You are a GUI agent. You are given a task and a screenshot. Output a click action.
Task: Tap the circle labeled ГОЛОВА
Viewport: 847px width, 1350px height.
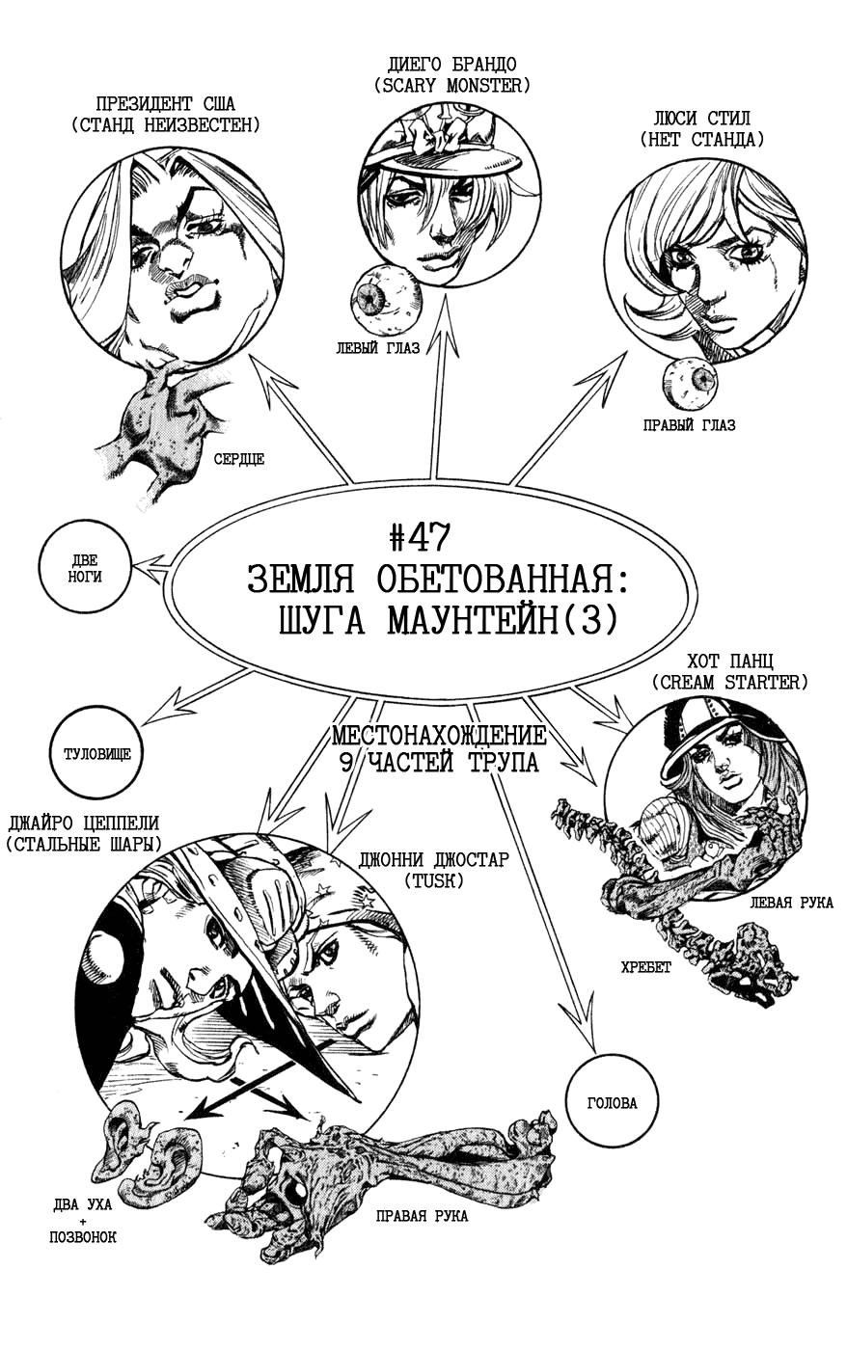tap(612, 1103)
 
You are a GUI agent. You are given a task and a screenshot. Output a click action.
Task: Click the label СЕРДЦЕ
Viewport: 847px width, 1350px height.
tap(239, 459)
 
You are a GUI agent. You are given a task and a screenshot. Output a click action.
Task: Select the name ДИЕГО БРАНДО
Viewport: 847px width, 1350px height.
tap(451, 64)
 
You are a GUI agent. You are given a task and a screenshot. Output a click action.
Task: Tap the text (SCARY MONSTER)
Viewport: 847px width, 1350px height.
tap(451, 86)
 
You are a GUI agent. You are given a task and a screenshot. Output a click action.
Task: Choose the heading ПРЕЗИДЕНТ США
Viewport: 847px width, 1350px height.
tap(166, 104)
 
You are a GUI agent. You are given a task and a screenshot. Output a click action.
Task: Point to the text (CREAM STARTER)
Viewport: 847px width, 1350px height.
tap(729, 682)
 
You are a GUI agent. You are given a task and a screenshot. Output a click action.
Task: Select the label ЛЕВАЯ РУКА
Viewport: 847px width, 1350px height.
tap(792, 903)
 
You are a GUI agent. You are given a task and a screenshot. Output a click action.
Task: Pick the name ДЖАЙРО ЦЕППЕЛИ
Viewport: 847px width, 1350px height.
tap(83, 823)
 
